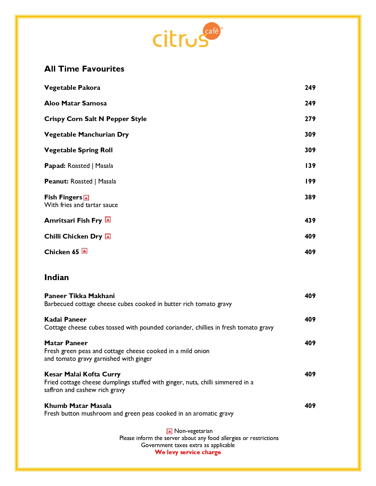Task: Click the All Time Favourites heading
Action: point(84,69)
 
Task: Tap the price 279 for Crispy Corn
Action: point(310,119)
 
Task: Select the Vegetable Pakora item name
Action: point(72,88)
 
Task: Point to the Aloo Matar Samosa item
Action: point(75,103)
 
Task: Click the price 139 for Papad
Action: point(310,166)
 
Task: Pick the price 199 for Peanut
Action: point(310,181)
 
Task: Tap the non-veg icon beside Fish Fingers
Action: point(86,198)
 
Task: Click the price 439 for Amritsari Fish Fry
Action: point(310,221)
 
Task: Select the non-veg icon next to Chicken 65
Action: point(84,251)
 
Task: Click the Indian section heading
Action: point(57,277)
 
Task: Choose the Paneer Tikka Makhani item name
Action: point(79,296)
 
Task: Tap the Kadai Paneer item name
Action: point(65,320)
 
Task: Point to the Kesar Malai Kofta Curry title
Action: point(82,374)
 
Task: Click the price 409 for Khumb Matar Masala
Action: point(310,406)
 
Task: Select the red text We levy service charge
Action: point(188,452)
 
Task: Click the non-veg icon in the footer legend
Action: point(169,432)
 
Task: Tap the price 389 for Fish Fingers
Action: point(310,197)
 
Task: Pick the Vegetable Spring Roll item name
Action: point(78,150)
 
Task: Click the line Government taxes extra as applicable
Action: point(188,445)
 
